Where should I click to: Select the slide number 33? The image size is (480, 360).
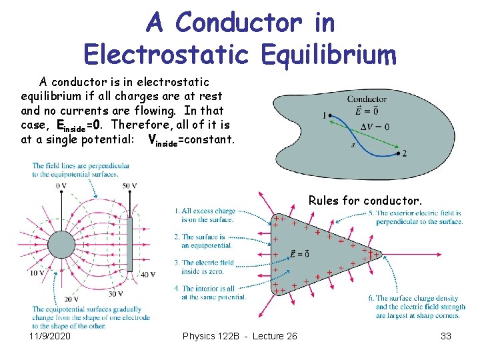tap(446, 336)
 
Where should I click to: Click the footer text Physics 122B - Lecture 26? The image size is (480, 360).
tap(239, 336)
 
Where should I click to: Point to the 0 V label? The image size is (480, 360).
tap(61, 186)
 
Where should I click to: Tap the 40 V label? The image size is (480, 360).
tap(147, 274)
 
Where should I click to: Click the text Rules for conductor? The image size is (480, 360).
tap(365, 200)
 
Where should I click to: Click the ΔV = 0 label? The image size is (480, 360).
tap(374, 127)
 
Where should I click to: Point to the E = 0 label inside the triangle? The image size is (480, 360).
tap(299, 253)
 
